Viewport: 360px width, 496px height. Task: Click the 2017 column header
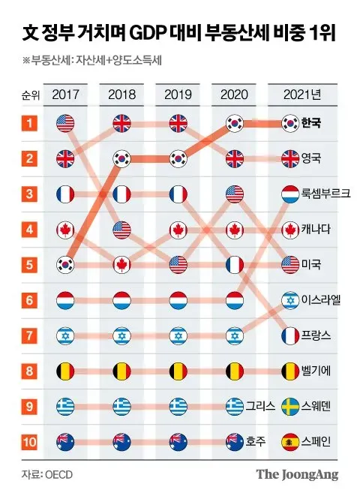pyautogui.click(x=65, y=95)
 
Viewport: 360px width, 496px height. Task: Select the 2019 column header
pyautogui.click(x=178, y=95)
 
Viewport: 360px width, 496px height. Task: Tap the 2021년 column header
pyautogui.click(x=302, y=95)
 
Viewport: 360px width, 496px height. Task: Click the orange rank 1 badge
pyautogui.click(x=29, y=123)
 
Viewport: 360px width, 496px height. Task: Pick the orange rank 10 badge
pyautogui.click(x=29, y=441)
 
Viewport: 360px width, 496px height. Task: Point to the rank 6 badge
pyautogui.click(x=29, y=300)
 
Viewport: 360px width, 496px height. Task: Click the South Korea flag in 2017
pyautogui.click(x=65, y=265)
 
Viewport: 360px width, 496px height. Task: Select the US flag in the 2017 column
pyautogui.click(x=65, y=123)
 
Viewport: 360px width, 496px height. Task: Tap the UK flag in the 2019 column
pyautogui.click(x=178, y=123)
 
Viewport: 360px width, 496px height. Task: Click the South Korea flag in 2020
pyautogui.click(x=235, y=123)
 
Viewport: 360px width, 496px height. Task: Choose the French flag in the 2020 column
pyautogui.click(x=235, y=265)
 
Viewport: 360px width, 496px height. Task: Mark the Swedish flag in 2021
pyautogui.click(x=290, y=407)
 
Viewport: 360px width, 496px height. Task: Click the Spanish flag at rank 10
pyautogui.click(x=290, y=441)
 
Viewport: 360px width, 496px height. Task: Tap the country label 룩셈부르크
pyautogui.click(x=325, y=193)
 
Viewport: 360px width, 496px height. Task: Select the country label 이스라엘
pyautogui.click(x=321, y=299)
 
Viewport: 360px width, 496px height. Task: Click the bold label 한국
pyautogui.click(x=311, y=123)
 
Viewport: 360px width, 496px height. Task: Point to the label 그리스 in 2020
pyautogui.click(x=261, y=406)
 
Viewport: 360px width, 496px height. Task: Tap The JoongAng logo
pyautogui.click(x=297, y=474)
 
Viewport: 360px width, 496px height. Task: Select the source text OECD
pyautogui.click(x=58, y=475)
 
